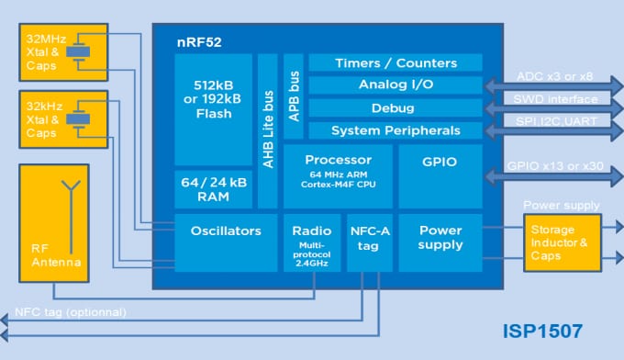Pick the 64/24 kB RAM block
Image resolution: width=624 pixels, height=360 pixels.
(x=213, y=190)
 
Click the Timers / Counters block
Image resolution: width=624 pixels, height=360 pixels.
(x=396, y=63)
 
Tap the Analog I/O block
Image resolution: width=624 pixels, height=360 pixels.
(x=396, y=85)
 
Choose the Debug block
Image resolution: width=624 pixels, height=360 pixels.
(x=396, y=108)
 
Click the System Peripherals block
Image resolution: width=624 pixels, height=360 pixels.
(x=396, y=130)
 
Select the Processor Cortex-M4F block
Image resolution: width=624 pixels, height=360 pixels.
(x=338, y=175)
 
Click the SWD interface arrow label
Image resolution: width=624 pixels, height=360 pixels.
(x=555, y=99)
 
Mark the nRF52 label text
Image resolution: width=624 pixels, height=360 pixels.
(x=199, y=42)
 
